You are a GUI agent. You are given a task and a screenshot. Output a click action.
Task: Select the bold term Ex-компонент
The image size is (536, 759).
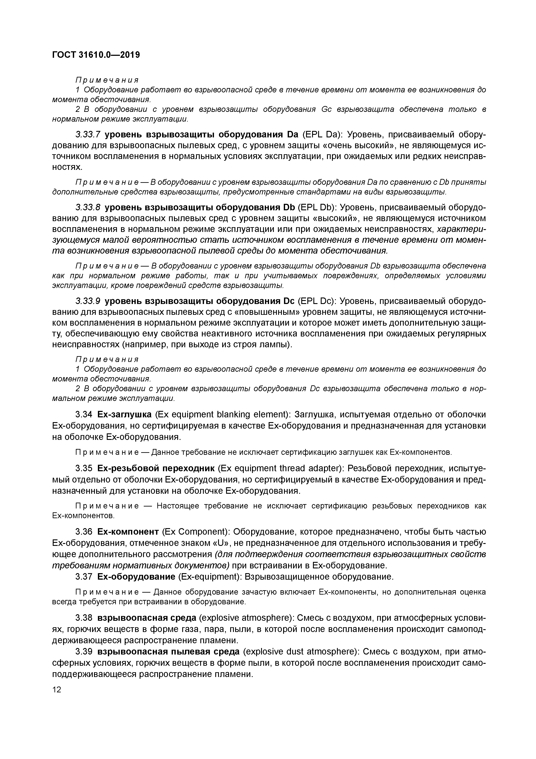tap(128, 532)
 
